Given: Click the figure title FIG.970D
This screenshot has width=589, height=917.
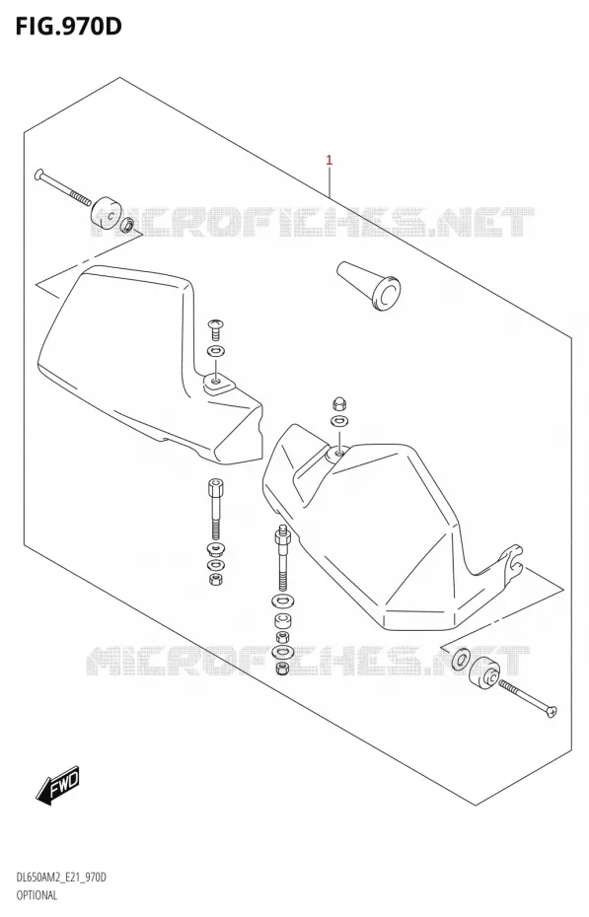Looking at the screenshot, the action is coord(68,26).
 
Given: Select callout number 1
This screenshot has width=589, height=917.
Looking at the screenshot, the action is coord(330,160).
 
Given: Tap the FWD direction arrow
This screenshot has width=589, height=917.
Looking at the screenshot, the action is coord(57,783).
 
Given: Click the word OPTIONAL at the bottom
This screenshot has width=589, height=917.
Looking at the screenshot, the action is coord(36,895).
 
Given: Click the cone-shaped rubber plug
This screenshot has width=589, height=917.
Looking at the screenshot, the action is coord(370,286).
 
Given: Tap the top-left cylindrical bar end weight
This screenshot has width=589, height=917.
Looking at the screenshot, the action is coord(107,213).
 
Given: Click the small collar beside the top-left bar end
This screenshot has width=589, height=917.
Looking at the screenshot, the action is coord(127,226).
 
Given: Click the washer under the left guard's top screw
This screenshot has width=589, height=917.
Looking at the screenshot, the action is coord(216,352).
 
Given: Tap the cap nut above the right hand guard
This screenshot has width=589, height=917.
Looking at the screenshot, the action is coord(338,403).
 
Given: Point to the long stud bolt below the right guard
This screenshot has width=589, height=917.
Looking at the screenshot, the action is coord(282,558).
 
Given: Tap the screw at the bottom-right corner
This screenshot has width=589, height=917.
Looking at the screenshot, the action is coord(528,698).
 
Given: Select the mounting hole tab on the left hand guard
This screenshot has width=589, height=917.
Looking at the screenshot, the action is coord(218,385).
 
